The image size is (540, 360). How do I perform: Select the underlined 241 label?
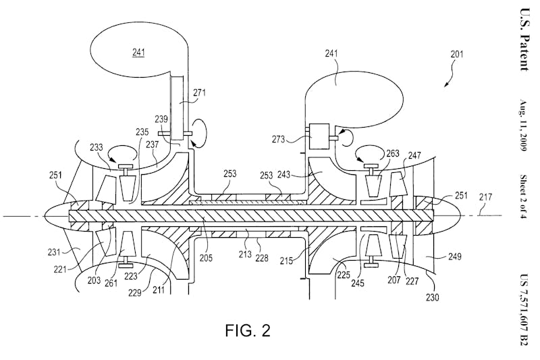(x=139, y=51)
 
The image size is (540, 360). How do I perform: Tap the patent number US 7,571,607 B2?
(x=524, y=310)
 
